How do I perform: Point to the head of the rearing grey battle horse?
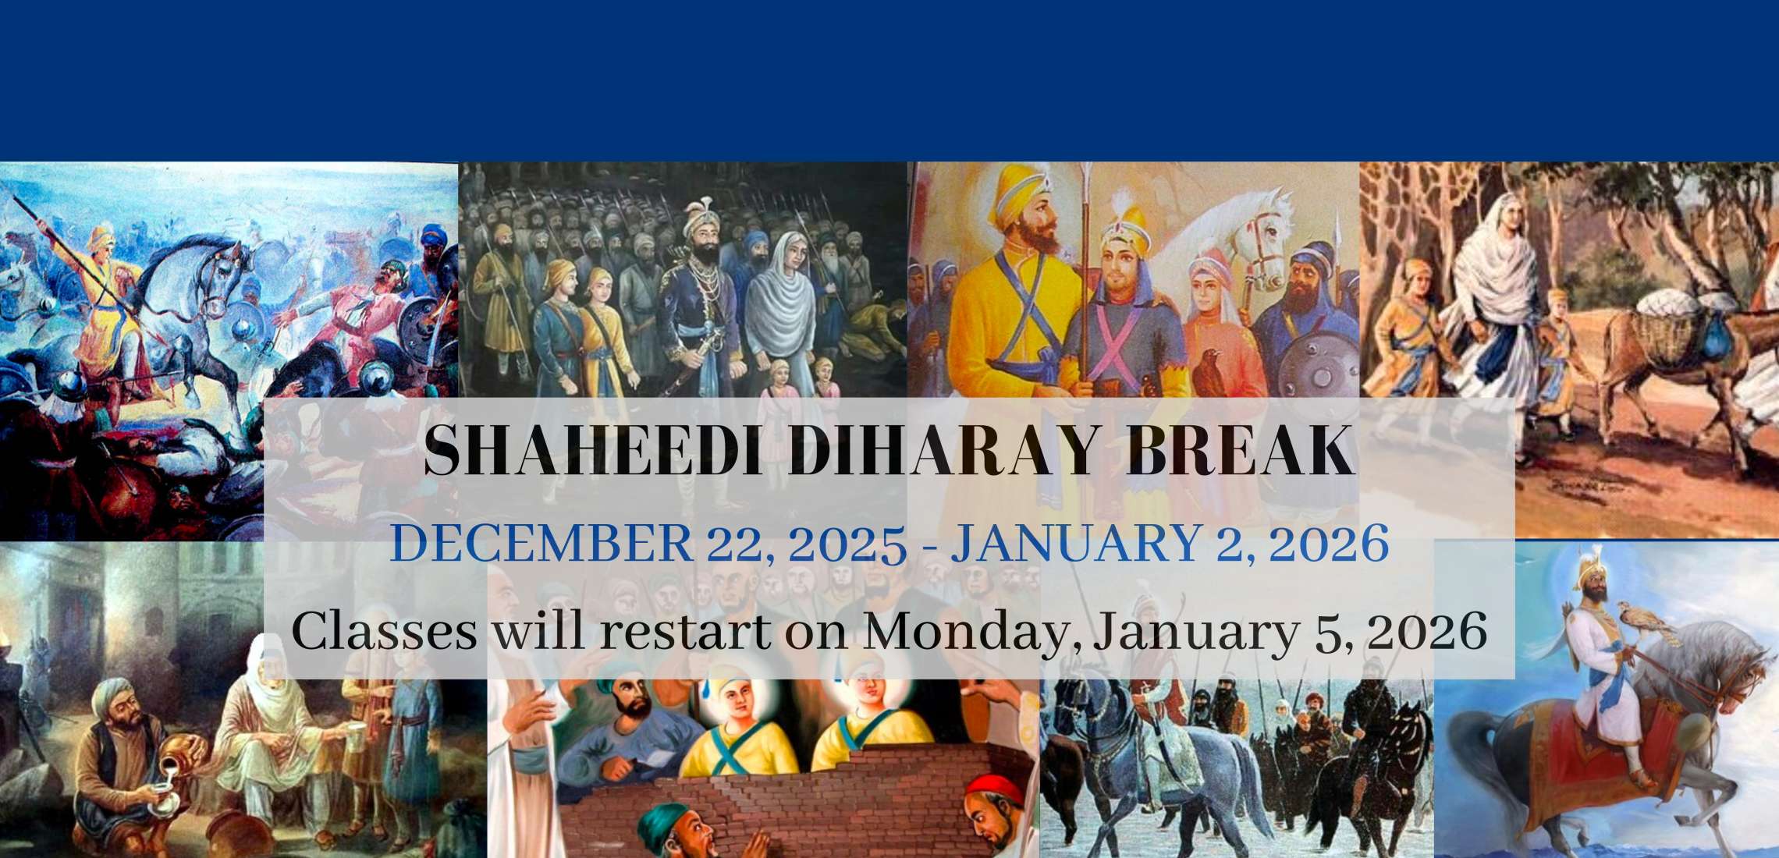point(221,253)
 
